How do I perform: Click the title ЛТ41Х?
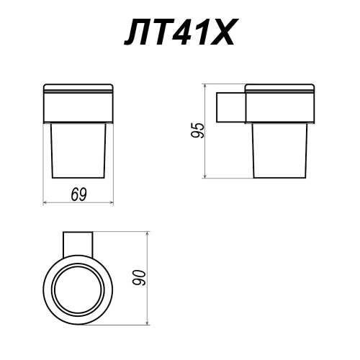(x=179, y=32)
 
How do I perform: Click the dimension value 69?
(x=78, y=194)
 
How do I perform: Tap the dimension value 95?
(x=197, y=130)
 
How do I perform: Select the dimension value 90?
(x=139, y=278)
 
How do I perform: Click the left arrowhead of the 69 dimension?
(x=45, y=203)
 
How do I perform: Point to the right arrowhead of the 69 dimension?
(x=112, y=203)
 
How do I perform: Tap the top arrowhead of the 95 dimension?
(x=204, y=86)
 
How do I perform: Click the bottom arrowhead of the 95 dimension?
(x=204, y=176)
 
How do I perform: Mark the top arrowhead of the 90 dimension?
(x=148, y=234)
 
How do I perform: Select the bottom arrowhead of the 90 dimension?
(x=148, y=323)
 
